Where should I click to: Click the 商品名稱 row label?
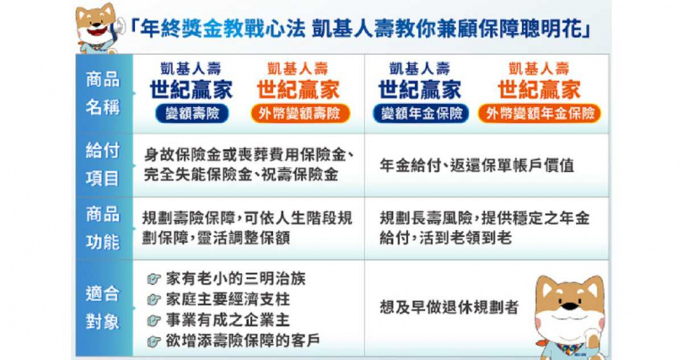(x=103, y=93)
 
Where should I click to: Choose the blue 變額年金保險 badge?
(x=419, y=113)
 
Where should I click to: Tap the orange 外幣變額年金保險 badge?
(x=538, y=113)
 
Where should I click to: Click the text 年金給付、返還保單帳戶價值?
(x=476, y=166)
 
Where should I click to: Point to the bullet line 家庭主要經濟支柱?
(x=221, y=298)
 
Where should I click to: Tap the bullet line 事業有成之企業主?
(x=221, y=320)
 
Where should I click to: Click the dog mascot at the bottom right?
(x=569, y=314)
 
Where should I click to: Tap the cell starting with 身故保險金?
(x=248, y=166)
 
